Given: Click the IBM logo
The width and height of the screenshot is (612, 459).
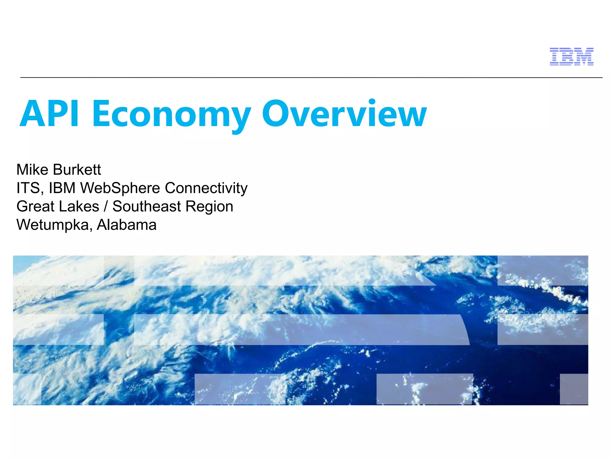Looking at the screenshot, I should (571, 56).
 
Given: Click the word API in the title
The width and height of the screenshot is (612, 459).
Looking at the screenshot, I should (50, 114).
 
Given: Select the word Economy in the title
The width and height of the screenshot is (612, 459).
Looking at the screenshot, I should (172, 114).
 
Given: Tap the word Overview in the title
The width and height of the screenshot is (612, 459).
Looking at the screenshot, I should (344, 114).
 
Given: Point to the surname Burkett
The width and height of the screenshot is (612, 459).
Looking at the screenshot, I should (77, 170).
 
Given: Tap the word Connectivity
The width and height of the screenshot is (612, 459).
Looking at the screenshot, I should (206, 188).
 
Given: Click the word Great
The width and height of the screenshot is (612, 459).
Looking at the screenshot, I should (35, 206).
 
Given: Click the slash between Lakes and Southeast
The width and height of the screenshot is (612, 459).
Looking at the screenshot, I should (106, 206).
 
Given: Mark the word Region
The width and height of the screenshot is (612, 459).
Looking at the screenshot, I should (209, 206).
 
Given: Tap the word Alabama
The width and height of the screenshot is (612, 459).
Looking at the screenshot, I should (126, 225).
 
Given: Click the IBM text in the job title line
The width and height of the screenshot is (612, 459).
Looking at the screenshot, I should (62, 188).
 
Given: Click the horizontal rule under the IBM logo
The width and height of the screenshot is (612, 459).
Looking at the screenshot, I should (311, 78).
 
